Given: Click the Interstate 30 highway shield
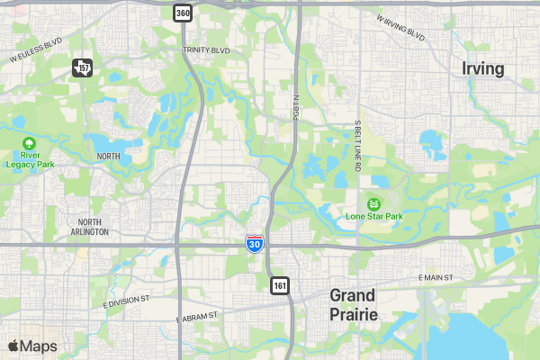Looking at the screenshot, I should [x=256, y=243].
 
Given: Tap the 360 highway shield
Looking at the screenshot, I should [x=183, y=13].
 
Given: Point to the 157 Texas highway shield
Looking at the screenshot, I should [x=83, y=67].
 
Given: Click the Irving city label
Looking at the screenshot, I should [x=484, y=68].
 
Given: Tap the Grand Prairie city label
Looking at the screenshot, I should [x=354, y=305].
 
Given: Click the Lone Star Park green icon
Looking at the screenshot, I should [x=373, y=203].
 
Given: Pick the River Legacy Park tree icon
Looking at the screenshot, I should [x=30, y=143].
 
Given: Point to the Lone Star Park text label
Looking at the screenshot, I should [x=373, y=217].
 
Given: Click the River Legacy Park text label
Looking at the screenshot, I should [x=30, y=159].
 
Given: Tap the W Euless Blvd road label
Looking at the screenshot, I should [x=36, y=49].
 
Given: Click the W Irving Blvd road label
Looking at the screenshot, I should [x=400, y=28].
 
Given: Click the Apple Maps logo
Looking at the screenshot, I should [x=32, y=346].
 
